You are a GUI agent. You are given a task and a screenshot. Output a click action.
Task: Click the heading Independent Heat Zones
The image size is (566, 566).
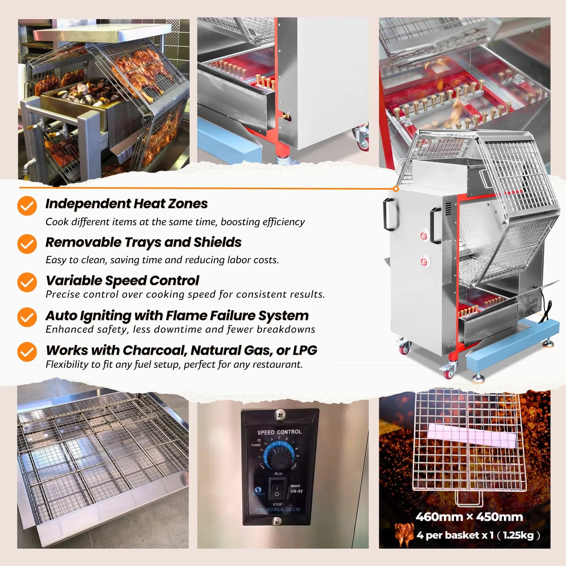tap(127, 204)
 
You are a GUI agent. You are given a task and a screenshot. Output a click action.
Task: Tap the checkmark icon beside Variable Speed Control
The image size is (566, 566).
tap(27, 282)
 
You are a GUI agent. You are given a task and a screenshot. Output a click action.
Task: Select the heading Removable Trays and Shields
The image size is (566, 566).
tap(143, 242)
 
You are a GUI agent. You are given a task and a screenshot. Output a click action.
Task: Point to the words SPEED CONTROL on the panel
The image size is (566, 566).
tap(279, 432)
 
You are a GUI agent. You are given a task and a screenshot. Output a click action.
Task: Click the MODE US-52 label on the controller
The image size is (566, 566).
tap(296, 488)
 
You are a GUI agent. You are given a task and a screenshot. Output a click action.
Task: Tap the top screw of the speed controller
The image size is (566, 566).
tap(280, 413)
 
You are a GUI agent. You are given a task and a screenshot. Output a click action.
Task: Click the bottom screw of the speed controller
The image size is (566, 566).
tap(277, 521)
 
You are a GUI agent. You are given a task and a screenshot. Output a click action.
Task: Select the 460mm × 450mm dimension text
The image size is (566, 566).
tap(469, 517)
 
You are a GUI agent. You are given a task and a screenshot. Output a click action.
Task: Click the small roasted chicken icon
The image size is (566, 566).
tap(404, 535)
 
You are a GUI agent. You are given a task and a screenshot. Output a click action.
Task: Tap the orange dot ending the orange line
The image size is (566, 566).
tap(396, 189)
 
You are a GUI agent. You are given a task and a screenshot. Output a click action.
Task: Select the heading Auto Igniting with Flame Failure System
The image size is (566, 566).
tap(177, 316)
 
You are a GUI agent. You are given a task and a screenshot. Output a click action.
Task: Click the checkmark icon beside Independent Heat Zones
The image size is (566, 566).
tap(27, 206)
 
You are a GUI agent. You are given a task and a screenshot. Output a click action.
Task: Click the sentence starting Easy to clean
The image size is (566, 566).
tap(162, 260)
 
